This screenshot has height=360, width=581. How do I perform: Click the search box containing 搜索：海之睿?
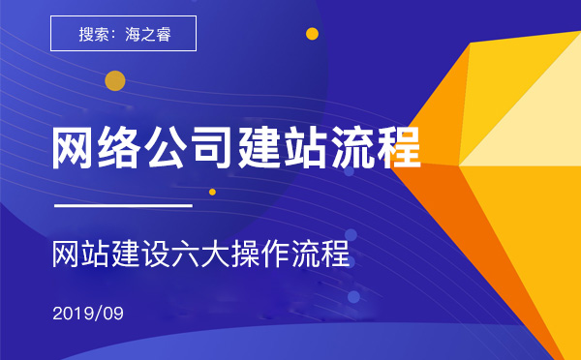(x=123, y=33)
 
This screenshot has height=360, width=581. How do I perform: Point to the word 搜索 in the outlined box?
(x=94, y=33)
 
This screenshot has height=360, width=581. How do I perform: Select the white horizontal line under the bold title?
(x=123, y=206)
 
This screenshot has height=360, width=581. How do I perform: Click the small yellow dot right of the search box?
(x=312, y=33)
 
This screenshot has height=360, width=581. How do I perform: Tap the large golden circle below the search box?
(x=115, y=80)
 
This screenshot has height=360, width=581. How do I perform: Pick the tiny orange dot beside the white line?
(x=212, y=192)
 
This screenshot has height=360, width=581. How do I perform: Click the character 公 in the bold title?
(x=169, y=148)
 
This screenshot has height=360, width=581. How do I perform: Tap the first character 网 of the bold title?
(x=76, y=148)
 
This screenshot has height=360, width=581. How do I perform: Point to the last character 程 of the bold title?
(x=401, y=148)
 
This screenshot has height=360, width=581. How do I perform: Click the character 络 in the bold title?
(x=122, y=148)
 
